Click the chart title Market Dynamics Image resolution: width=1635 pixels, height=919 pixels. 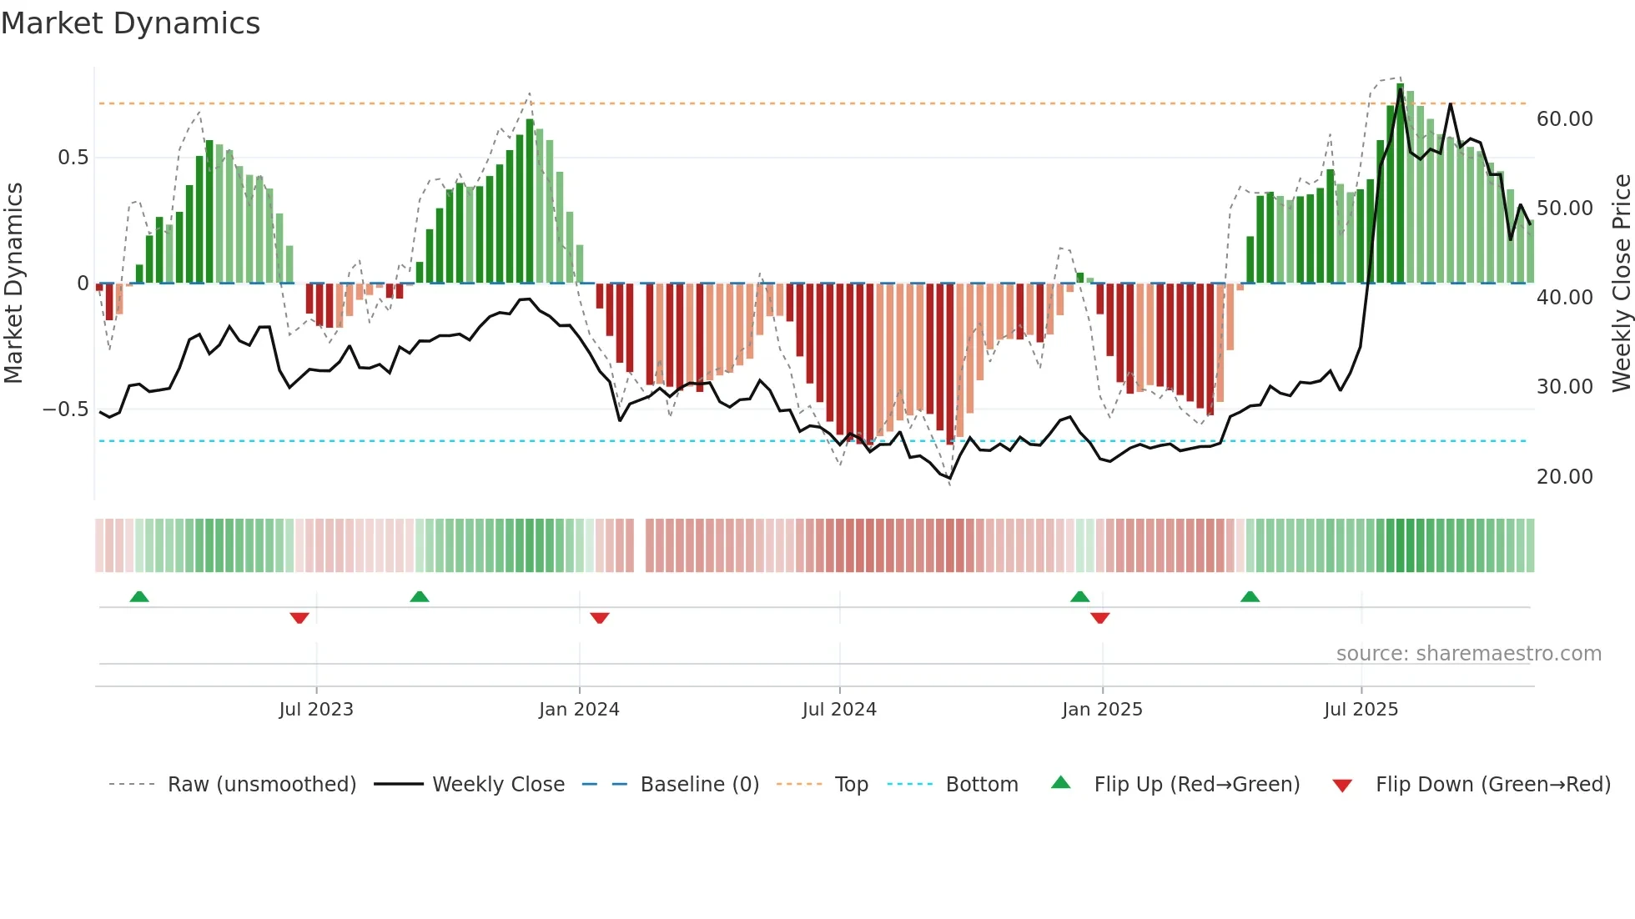coord(130,23)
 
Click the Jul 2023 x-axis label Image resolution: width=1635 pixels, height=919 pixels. coord(316,710)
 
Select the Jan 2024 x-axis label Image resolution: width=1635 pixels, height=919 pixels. coord(579,710)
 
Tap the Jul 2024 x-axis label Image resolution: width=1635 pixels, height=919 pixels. coord(839,710)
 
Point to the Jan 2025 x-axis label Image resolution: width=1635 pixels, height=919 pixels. coord(1102,710)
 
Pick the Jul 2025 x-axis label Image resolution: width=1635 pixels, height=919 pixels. coord(1361,710)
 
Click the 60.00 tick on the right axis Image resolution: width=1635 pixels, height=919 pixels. coord(1564,119)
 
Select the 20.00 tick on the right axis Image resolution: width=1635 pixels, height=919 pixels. coord(1564,477)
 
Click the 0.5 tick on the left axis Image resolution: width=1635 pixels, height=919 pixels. coord(73,158)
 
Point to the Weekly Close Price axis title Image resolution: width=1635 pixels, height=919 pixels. coord(1621,284)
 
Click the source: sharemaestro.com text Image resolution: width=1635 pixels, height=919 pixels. coord(1468,654)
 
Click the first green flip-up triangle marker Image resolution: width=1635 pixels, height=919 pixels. coord(139,597)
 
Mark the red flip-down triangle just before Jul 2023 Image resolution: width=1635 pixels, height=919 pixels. coord(299,618)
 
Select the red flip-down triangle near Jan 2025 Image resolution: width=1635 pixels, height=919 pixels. coord(1099,618)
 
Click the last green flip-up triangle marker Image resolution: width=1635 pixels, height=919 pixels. coord(1250,597)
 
